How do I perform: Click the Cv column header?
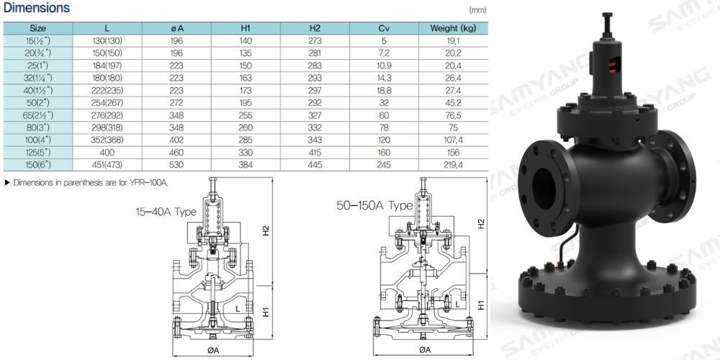coord(384,28)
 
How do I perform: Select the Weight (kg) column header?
coord(454,28)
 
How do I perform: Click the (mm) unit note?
coord(477,11)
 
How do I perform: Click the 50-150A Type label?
coord(374,205)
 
